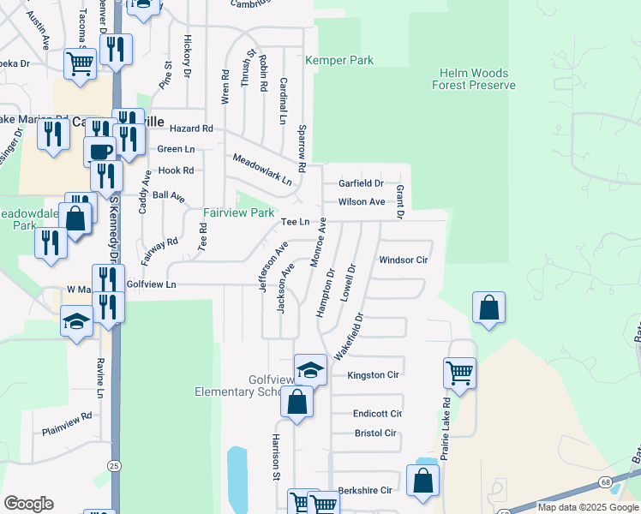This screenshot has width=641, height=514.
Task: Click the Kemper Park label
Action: [340, 61]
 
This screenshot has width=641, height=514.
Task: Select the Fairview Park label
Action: [238, 212]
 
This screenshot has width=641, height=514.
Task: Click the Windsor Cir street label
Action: [403, 260]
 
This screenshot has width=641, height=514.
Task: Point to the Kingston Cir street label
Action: [373, 375]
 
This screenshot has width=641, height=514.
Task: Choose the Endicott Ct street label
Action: [377, 413]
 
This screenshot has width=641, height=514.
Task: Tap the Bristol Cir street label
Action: [375, 433]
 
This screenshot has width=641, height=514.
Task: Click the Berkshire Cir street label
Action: [364, 490]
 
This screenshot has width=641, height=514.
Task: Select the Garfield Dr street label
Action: [360, 183]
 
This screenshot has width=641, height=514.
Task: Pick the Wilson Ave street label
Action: [362, 202]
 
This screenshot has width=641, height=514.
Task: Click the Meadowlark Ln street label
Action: [262, 170]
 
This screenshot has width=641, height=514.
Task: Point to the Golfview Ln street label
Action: [151, 284]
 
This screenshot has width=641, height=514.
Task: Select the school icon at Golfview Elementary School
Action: [310, 369]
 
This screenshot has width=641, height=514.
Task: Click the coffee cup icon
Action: [99, 151]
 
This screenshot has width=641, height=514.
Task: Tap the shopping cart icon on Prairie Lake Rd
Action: [459, 373]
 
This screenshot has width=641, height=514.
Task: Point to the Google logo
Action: [28, 504]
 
